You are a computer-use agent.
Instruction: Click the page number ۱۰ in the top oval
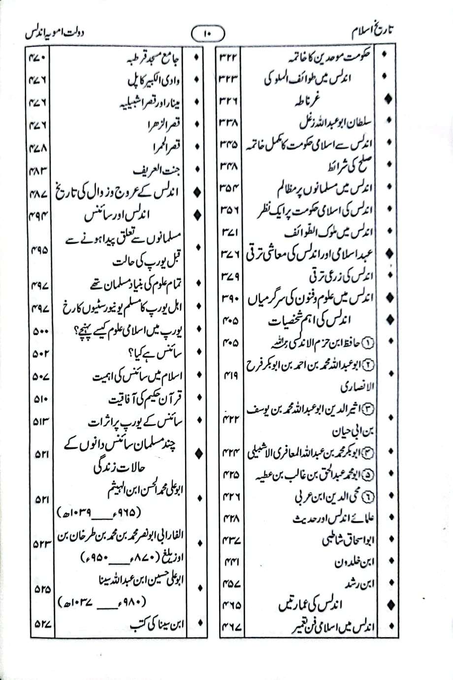(x=207, y=34)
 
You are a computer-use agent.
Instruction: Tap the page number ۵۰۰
(x=39, y=332)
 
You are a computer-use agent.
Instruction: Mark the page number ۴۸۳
(x=38, y=170)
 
